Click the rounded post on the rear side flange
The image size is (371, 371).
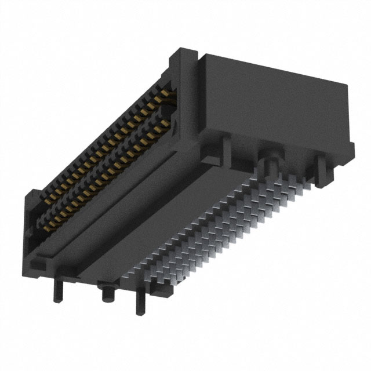pyautogui.click(x=270, y=159)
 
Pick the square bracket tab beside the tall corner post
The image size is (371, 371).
pyautogui.click(x=211, y=152)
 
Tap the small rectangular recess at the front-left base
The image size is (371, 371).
pyautogui.click(x=35, y=266)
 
